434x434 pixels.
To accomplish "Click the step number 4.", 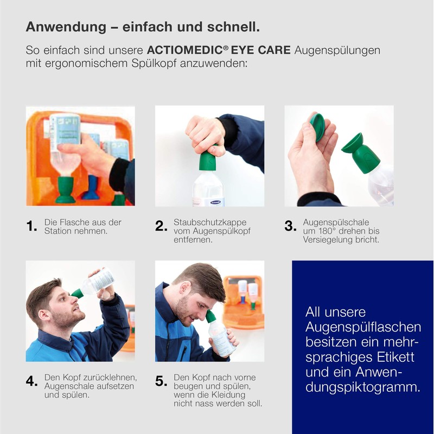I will click(x=32, y=381).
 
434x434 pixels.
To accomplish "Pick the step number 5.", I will click(x=161, y=381).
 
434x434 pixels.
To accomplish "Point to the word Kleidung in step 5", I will click(x=237, y=395).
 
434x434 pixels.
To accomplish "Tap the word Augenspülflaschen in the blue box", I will click(x=363, y=327).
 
